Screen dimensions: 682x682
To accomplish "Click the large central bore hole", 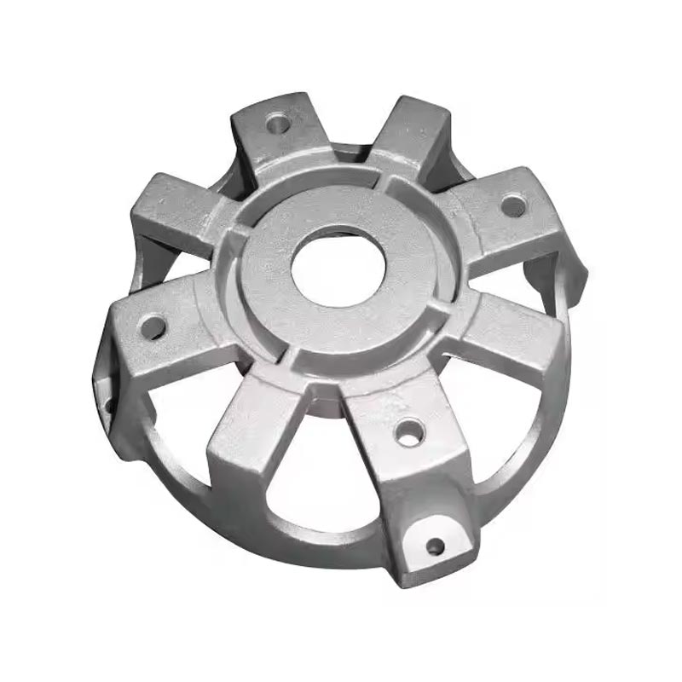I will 338,265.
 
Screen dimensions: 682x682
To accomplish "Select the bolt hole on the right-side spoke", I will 511,205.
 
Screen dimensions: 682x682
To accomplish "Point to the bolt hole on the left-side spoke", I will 153,325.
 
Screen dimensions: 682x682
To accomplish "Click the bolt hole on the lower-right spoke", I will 407,431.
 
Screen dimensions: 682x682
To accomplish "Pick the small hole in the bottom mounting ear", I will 435,546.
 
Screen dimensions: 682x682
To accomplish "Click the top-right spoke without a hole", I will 409,136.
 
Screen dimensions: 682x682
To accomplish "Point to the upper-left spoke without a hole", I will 170,209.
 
